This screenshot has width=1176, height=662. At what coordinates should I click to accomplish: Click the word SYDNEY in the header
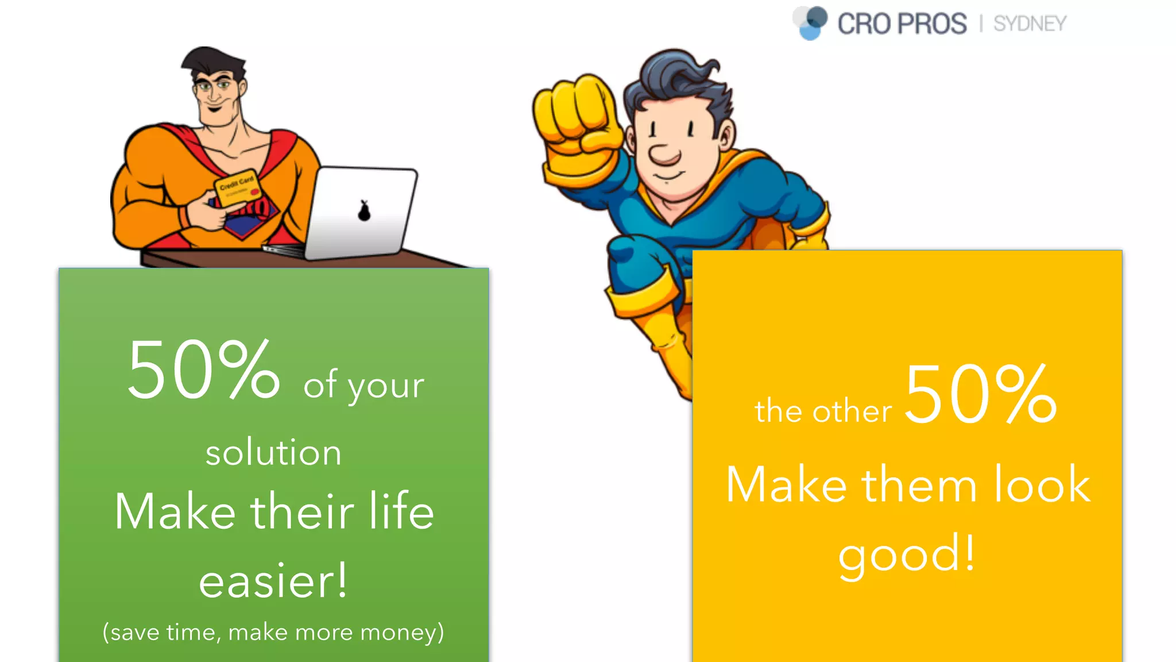point(1030,24)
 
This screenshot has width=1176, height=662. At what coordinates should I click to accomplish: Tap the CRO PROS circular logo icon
point(810,23)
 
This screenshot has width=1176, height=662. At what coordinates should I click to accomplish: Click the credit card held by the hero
point(237,188)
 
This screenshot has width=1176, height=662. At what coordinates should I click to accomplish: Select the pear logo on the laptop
point(364,211)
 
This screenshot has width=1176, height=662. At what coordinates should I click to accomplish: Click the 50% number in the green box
point(203,370)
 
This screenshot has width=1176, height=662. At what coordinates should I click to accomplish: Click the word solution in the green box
point(273,452)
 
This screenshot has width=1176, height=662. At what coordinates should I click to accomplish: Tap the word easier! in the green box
point(273,581)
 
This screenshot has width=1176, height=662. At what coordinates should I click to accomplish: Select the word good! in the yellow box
point(907,553)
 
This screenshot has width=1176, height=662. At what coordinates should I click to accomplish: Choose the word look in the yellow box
point(1042,485)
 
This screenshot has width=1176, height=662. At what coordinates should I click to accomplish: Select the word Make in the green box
point(175,511)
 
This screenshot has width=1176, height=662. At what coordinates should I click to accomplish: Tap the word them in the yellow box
point(919,485)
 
